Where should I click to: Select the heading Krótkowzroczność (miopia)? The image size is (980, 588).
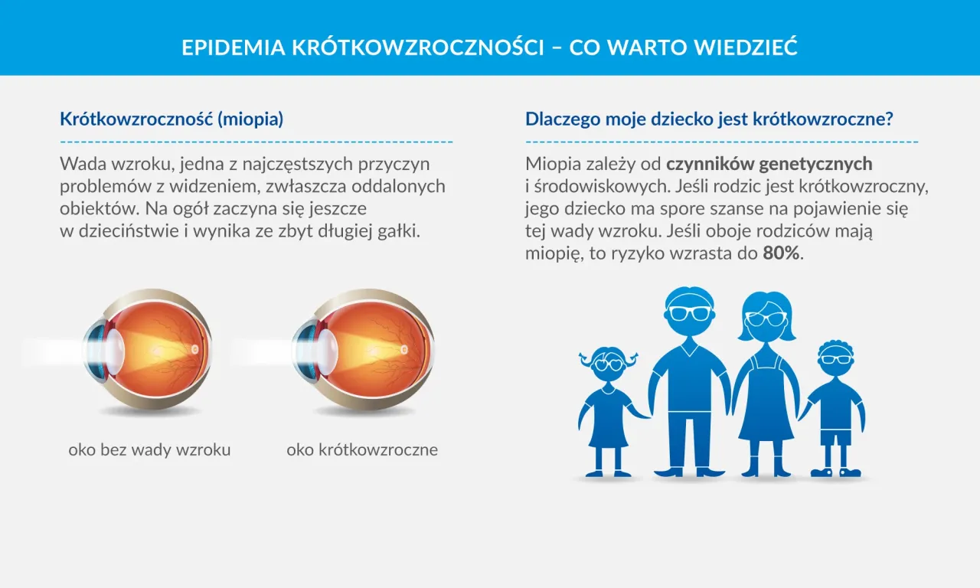[171, 119]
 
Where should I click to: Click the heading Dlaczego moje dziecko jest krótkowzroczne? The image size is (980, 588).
[710, 119]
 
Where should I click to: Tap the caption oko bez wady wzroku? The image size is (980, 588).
[149, 449]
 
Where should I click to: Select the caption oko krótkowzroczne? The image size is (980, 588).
[362, 449]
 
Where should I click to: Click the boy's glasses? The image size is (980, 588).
[834, 359]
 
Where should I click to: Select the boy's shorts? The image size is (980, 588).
[835, 436]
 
